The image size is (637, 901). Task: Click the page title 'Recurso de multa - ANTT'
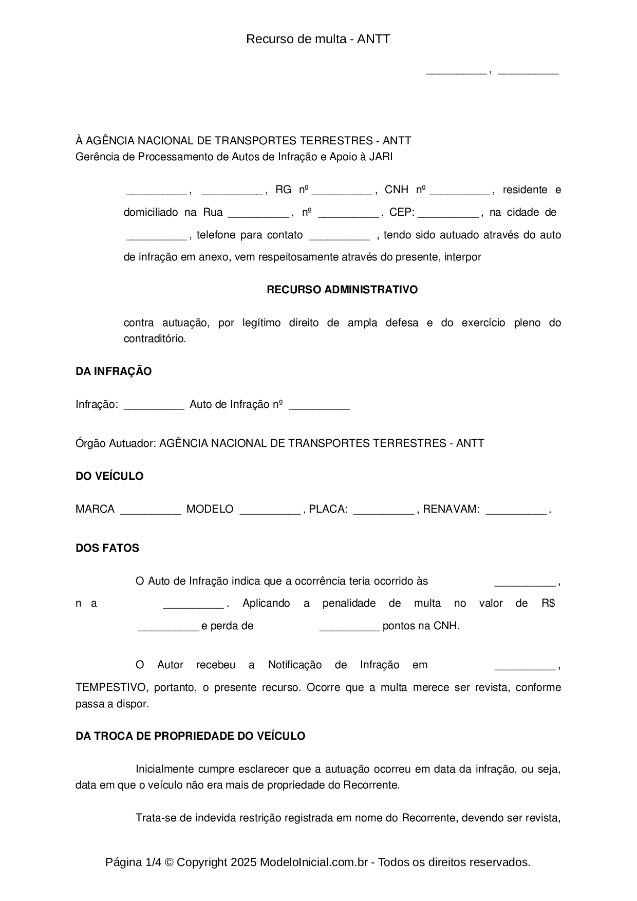coord(318,39)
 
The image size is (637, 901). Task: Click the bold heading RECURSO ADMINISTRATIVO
coord(342,290)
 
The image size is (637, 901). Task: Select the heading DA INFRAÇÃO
coord(114,371)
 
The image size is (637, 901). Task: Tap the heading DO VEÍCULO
coord(109,476)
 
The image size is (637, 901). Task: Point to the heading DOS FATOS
coord(107,548)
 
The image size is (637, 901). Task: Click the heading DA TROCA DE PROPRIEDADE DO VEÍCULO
coord(190,736)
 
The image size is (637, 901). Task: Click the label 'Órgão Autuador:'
coord(116,443)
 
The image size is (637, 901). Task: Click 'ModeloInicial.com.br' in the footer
coord(314,862)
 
